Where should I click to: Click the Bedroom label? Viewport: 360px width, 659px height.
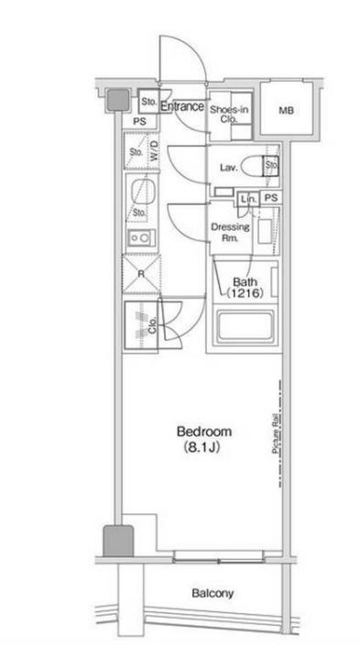[204, 432]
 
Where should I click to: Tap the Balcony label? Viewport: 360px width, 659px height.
[213, 593]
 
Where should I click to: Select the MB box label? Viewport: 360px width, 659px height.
[286, 111]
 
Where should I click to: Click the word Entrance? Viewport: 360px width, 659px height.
[182, 106]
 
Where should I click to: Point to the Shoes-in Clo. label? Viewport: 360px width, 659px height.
[229, 114]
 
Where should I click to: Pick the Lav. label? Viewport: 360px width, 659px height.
[229, 168]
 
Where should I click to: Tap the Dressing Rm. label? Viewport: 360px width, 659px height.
[230, 233]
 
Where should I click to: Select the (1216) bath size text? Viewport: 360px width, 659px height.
[245, 293]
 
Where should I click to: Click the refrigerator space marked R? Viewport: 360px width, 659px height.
[141, 274]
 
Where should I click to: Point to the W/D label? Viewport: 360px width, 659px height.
[154, 151]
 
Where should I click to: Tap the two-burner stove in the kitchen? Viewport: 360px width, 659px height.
[142, 239]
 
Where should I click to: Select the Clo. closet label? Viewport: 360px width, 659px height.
[152, 325]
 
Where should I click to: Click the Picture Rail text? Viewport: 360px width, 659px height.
[276, 434]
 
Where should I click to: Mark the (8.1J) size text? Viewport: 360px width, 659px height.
[202, 447]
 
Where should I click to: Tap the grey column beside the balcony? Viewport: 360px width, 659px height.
[118, 541]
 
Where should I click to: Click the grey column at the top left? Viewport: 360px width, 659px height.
[118, 101]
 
